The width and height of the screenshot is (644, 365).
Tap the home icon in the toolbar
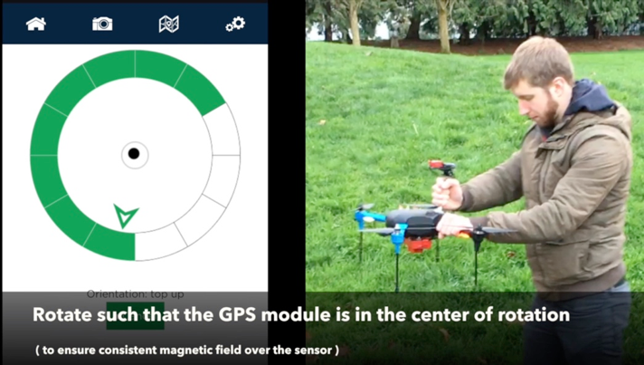(x=36, y=24)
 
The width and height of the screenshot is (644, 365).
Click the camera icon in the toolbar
(x=102, y=24)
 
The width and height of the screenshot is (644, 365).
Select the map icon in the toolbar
(x=169, y=24)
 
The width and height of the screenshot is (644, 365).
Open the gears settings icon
(x=235, y=24)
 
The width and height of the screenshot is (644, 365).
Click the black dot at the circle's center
(x=134, y=154)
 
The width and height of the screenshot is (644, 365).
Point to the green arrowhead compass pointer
(x=125, y=216)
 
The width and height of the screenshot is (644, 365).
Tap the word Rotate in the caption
(x=62, y=314)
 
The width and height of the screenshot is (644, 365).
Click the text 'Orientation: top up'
(x=135, y=294)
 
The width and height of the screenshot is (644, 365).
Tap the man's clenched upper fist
(x=447, y=194)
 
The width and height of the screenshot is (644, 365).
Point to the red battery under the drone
(x=419, y=245)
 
